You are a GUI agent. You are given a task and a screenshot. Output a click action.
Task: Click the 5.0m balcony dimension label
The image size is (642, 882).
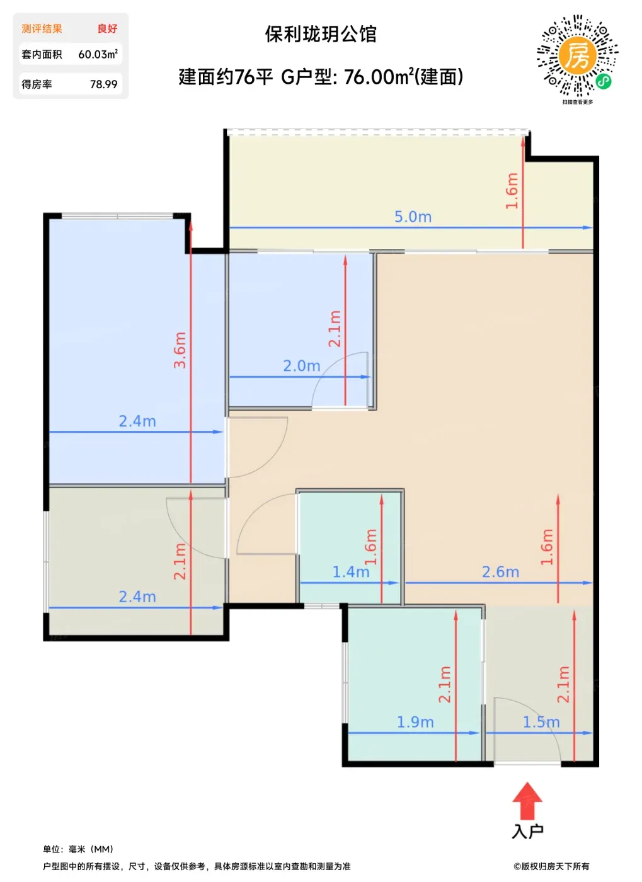(x=413, y=217)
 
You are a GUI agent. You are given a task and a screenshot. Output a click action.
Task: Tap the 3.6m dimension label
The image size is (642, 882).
(x=180, y=350)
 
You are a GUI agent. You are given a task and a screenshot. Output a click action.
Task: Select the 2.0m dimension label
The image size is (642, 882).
(x=302, y=366)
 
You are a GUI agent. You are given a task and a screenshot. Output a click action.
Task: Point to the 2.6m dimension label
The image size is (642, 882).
(x=500, y=572)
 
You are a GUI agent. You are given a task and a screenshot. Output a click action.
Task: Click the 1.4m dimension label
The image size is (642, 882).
(x=351, y=572)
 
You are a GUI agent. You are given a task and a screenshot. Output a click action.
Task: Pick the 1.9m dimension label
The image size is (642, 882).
(x=415, y=722)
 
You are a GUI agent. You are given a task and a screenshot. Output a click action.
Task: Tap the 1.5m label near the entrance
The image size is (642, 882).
(x=541, y=722)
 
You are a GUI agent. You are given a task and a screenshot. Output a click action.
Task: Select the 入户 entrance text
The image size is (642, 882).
(x=527, y=832)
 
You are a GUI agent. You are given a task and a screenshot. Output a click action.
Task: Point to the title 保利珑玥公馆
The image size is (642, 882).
(x=321, y=34)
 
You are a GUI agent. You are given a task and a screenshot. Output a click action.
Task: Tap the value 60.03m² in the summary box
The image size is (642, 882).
(x=98, y=54)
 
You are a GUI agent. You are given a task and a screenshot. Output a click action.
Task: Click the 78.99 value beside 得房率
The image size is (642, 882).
(x=103, y=84)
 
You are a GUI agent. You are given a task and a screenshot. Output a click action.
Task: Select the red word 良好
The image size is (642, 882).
(x=107, y=29)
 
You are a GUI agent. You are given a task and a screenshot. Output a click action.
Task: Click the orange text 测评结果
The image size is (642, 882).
(x=42, y=29)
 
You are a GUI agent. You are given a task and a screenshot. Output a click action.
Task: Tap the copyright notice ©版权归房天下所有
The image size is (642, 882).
(x=551, y=866)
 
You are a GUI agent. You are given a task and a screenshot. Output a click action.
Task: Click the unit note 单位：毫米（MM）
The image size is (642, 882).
(x=78, y=849)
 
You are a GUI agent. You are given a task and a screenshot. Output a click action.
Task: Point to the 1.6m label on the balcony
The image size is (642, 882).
(x=512, y=190)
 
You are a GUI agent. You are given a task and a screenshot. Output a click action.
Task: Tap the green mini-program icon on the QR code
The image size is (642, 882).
(x=603, y=81)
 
